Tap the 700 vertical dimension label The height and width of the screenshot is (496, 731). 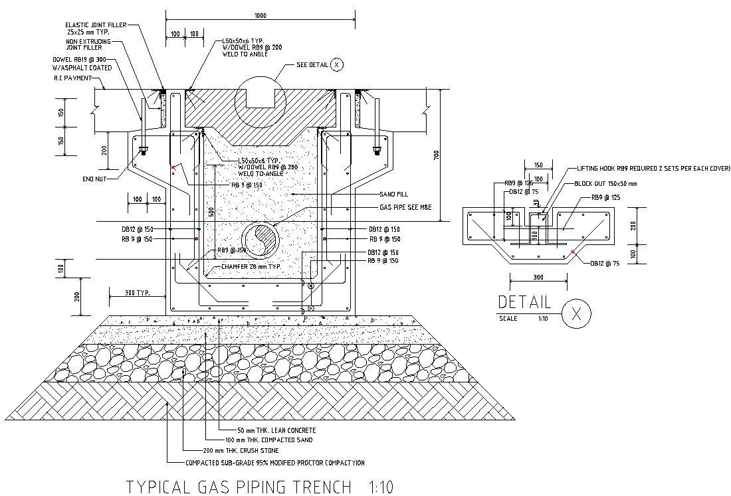tap(436, 155)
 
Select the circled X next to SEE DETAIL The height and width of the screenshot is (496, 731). tap(338, 64)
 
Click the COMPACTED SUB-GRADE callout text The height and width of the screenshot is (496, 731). tap(275, 463)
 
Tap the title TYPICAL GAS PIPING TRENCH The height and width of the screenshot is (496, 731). tap(238, 487)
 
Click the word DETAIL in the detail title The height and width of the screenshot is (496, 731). tap(524, 303)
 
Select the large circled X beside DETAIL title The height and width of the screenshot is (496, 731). tap(575, 313)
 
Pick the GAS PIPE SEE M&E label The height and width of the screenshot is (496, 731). tap(405, 208)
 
